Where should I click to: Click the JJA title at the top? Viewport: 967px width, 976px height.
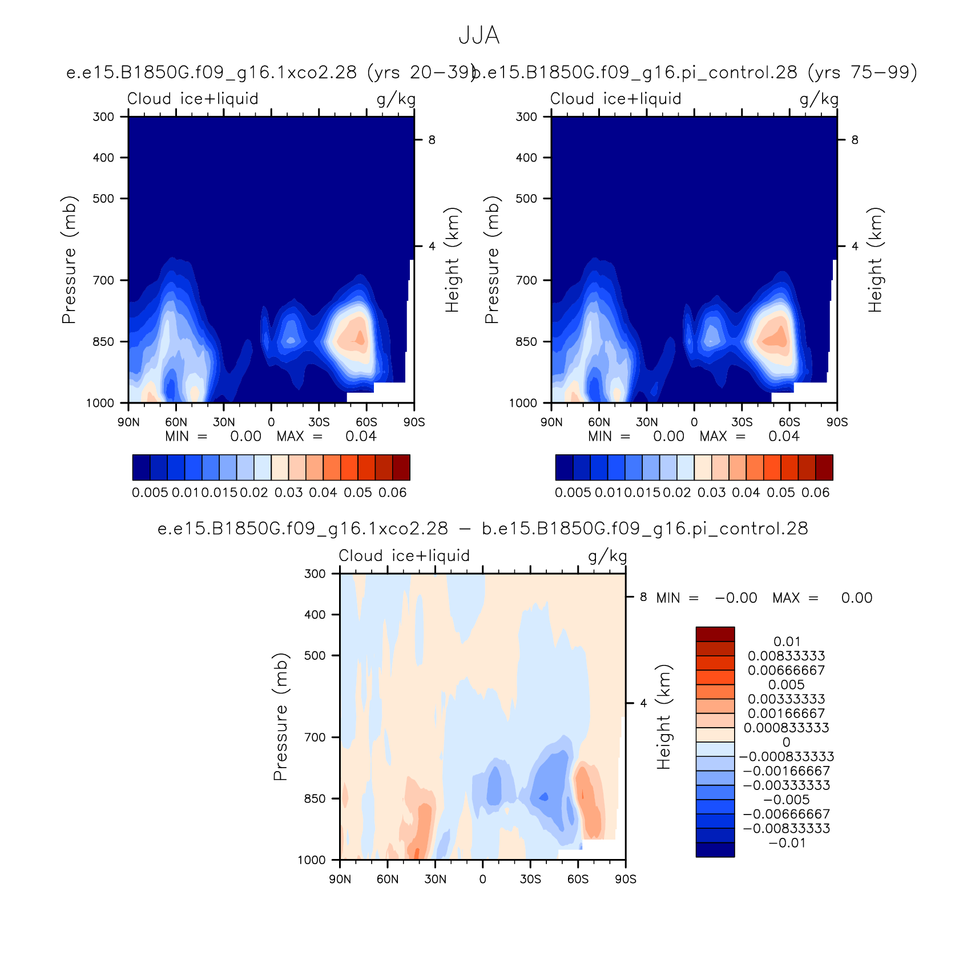tap(479, 36)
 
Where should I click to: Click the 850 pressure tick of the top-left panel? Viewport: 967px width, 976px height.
tap(103, 342)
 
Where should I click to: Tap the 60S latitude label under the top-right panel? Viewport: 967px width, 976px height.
tap(789, 422)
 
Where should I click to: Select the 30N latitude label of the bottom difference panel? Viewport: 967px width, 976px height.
tap(435, 879)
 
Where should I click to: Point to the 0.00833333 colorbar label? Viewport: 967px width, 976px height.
tap(787, 656)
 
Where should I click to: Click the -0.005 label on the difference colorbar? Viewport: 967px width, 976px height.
tap(787, 800)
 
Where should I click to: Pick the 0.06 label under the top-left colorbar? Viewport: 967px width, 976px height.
tap(393, 493)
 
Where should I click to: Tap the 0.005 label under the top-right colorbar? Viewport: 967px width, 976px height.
tap(573, 493)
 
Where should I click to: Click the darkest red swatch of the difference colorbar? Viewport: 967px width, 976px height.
tap(715, 634)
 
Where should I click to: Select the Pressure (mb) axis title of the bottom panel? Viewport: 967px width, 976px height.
tap(280, 717)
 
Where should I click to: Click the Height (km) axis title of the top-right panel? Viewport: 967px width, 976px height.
tap(875, 260)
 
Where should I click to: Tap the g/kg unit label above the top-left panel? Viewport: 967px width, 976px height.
tap(396, 100)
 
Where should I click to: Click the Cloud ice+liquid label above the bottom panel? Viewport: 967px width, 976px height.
tap(404, 556)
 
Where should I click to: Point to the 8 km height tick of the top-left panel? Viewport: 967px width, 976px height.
tap(432, 140)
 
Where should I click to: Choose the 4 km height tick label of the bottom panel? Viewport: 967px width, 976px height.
tap(643, 703)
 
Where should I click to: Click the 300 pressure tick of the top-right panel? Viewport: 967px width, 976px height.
tap(526, 117)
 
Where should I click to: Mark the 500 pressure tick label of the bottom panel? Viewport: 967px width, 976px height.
tap(315, 656)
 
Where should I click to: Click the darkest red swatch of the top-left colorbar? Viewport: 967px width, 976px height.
tap(401, 467)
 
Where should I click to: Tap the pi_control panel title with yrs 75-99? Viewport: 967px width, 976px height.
tap(695, 73)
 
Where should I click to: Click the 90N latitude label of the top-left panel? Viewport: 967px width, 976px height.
tap(128, 422)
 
